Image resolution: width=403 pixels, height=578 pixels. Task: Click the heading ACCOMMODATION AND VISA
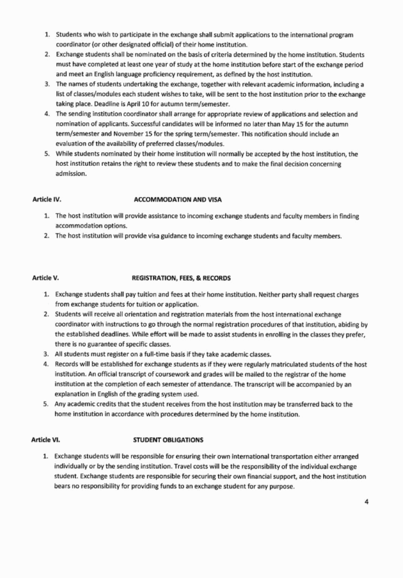coord(177,200)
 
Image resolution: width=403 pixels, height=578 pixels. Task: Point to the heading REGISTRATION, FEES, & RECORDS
coord(181,278)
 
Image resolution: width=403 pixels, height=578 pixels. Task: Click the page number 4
coord(367,501)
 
